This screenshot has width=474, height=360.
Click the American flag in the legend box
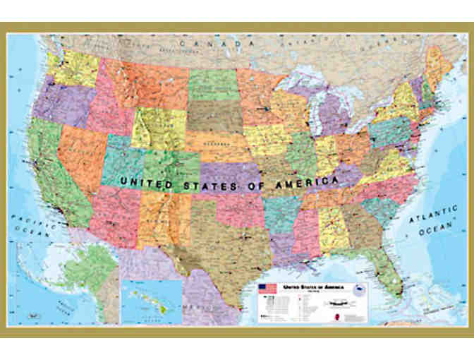point(267,289)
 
